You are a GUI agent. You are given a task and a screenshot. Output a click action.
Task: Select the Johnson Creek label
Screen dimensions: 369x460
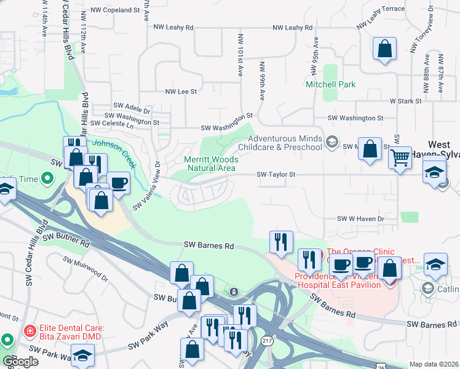[114, 147]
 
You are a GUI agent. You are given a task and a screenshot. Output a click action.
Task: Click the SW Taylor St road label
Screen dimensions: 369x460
[276, 175]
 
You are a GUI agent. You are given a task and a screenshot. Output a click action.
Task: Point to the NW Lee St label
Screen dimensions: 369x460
[181, 92]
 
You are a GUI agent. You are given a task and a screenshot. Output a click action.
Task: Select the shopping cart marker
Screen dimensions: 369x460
[400, 159]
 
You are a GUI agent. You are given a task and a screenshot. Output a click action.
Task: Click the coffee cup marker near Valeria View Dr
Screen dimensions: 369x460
[119, 183]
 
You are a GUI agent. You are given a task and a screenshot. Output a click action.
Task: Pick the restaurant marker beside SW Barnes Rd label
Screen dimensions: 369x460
[281, 242]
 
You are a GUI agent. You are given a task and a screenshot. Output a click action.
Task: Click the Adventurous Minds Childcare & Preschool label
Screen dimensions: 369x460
[284, 143]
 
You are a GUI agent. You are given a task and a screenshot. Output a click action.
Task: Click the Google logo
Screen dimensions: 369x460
[20, 362]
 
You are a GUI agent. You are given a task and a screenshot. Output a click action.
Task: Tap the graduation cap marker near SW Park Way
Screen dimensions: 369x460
[81, 355]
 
